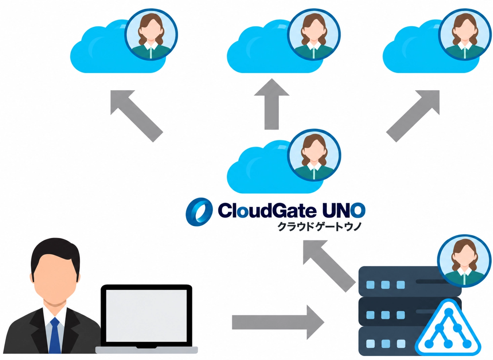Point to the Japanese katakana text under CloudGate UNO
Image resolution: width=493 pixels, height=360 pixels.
[x=320, y=227]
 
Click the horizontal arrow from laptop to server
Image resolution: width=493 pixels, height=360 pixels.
[x=278, y=322]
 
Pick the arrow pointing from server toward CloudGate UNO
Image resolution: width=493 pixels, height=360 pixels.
[x=329, y=266]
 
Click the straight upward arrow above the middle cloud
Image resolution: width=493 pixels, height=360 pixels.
[x=272, y=104]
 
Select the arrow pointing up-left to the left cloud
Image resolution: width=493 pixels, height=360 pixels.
[x=136, y=116]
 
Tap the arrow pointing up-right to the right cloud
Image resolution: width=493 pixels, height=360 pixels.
[x=413, y=116]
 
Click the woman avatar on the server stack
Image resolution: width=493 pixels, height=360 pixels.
[x=464, y=261]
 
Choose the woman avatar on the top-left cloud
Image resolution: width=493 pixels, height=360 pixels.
[x=151, y=35]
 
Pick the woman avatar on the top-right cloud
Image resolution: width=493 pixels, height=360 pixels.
[x=465, y=35]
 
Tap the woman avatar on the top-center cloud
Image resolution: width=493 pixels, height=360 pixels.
[x=314, y=35]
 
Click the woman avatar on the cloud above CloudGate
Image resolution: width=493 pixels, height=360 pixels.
[x=314, y=155]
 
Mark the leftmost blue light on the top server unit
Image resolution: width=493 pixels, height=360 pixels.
[x=370, y=285]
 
